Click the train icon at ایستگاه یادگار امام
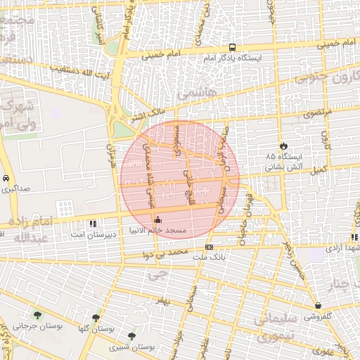(x=232, y=48)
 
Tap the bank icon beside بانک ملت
(x=209, y=247)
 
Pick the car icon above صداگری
(x=6, y=178)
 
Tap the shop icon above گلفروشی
(x=319, y=306)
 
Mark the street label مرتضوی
(x=303, y=112)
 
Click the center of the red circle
(x=179, y=180)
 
